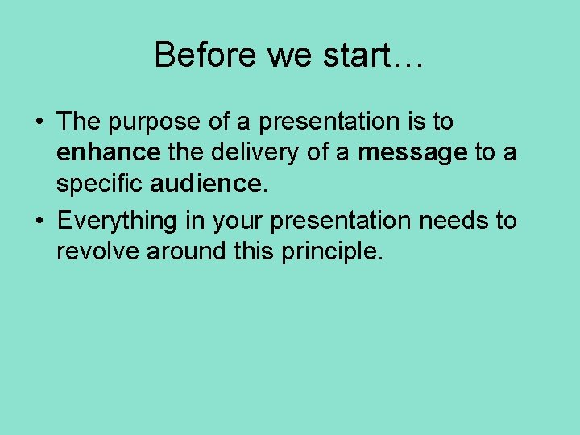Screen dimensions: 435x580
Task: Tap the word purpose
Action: point(143,122)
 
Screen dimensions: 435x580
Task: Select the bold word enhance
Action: point(109,153)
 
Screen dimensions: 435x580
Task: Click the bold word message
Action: point(412,153)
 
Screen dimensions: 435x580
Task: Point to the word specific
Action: point(100,184)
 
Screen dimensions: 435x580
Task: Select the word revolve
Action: point(97,251)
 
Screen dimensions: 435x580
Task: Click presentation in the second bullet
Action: point(338,220)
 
